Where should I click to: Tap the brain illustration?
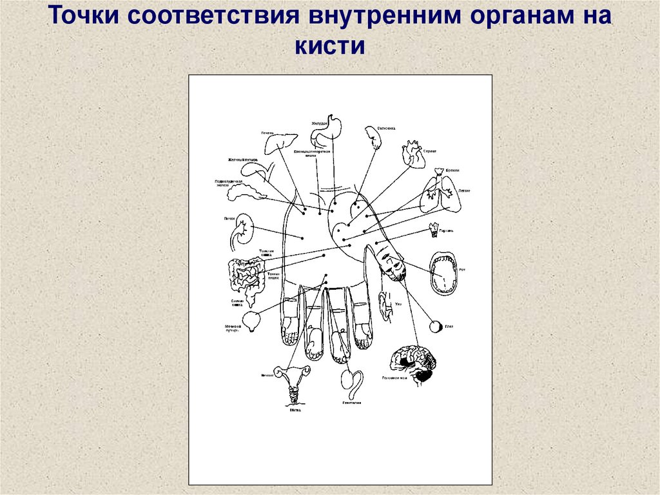(x=412, y=362)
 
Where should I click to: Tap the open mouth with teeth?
(x=444, y=273)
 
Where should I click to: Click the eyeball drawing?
(x=436, y=327)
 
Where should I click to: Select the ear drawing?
(x=385, y=305)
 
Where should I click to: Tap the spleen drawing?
(x=372, y=137)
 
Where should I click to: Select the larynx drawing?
(x=434, y=228)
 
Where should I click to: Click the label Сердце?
(x=430, y=150)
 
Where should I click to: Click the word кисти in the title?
(x=330, y=46)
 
